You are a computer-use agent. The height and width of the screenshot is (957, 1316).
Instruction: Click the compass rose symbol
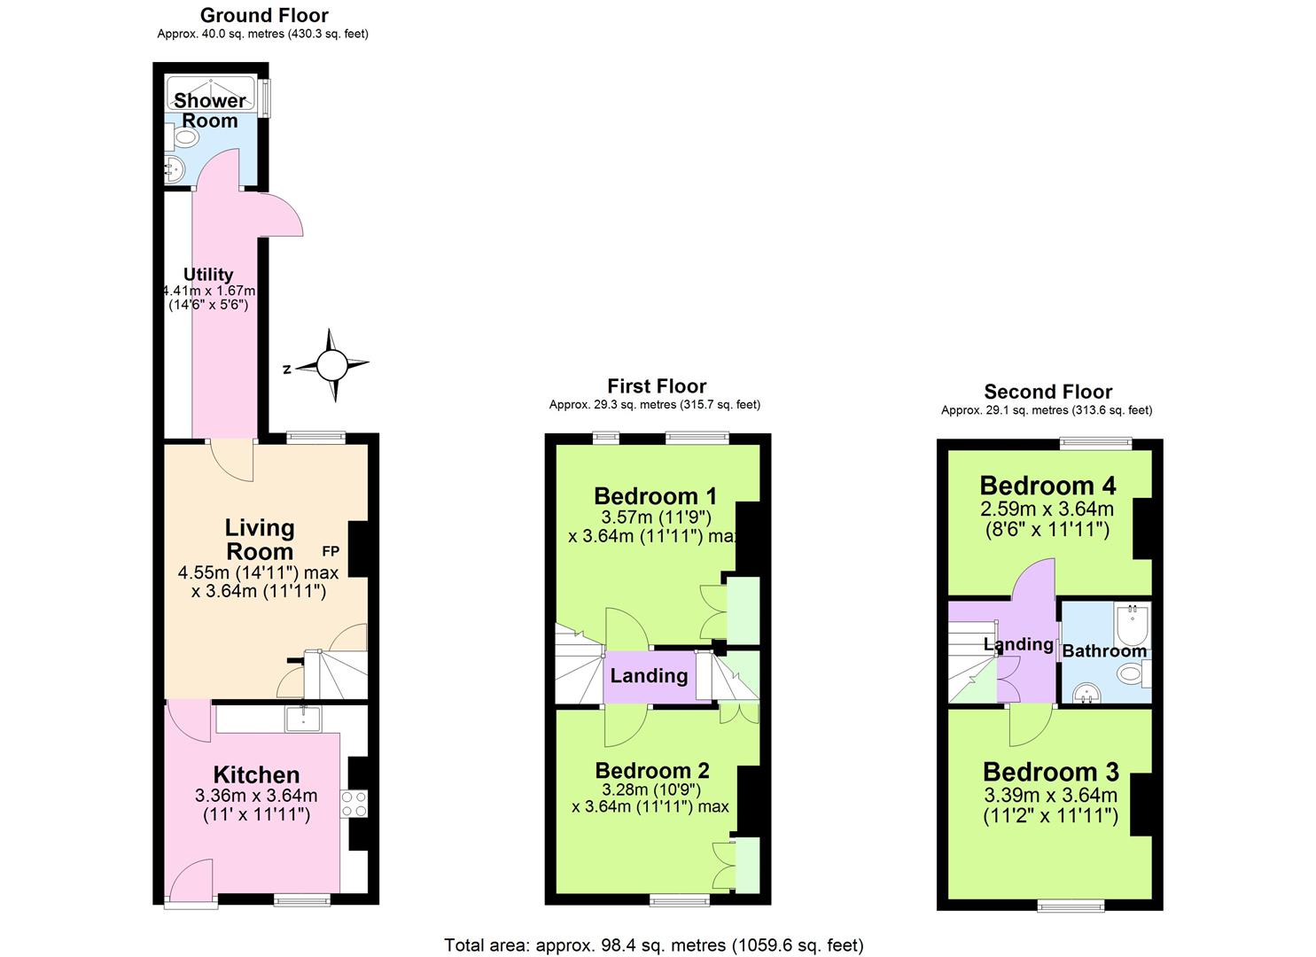[x=332, y=365]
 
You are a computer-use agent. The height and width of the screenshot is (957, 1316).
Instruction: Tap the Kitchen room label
[x=256, y=774]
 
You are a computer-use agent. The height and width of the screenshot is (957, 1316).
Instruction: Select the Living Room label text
[x=259, y=539]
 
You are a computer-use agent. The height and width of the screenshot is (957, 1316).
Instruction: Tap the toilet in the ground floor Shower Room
[x=183, y=137]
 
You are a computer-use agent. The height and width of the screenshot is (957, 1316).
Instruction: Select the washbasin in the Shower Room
[x=174, y=168]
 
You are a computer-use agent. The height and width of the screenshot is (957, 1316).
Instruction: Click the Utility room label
[x=208, y=275]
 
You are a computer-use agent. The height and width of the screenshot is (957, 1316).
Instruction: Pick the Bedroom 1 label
[x=655, y=495]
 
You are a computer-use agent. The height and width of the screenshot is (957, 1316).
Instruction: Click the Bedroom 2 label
[x=652, y=770]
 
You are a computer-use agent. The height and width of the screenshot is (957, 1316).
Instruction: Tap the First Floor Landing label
[x=649, y=676]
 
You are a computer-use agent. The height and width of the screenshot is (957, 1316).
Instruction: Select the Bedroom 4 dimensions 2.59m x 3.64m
[x=1047, y=510]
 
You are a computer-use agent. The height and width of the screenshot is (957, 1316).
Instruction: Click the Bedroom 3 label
[x=1050, y=771]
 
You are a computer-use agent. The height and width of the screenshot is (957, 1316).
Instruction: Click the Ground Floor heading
[x=264, y=15]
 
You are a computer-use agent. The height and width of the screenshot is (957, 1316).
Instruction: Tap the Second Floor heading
[x=1047, y=392]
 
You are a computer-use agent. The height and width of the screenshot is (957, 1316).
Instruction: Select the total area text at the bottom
[x=653, y=945]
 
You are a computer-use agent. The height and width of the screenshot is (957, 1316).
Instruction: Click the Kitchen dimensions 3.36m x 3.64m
[x=256, y=796]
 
